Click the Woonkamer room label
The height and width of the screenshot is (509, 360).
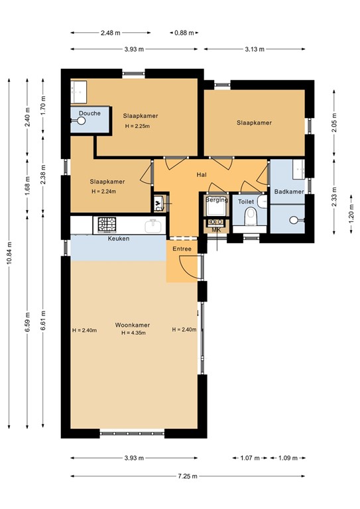132,325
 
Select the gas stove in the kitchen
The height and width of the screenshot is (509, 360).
107,225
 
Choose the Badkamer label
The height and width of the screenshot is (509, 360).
289,192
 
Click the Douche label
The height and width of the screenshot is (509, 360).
90,113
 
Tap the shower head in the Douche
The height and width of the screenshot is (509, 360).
81,121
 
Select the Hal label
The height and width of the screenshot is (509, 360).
202,175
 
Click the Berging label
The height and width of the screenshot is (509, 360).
217,199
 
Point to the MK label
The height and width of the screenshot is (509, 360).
216,230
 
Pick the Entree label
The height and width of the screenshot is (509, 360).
182,249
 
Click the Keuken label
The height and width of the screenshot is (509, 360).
119,239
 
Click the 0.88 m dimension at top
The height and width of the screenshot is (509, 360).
180,32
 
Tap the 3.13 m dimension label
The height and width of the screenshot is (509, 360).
255,48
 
